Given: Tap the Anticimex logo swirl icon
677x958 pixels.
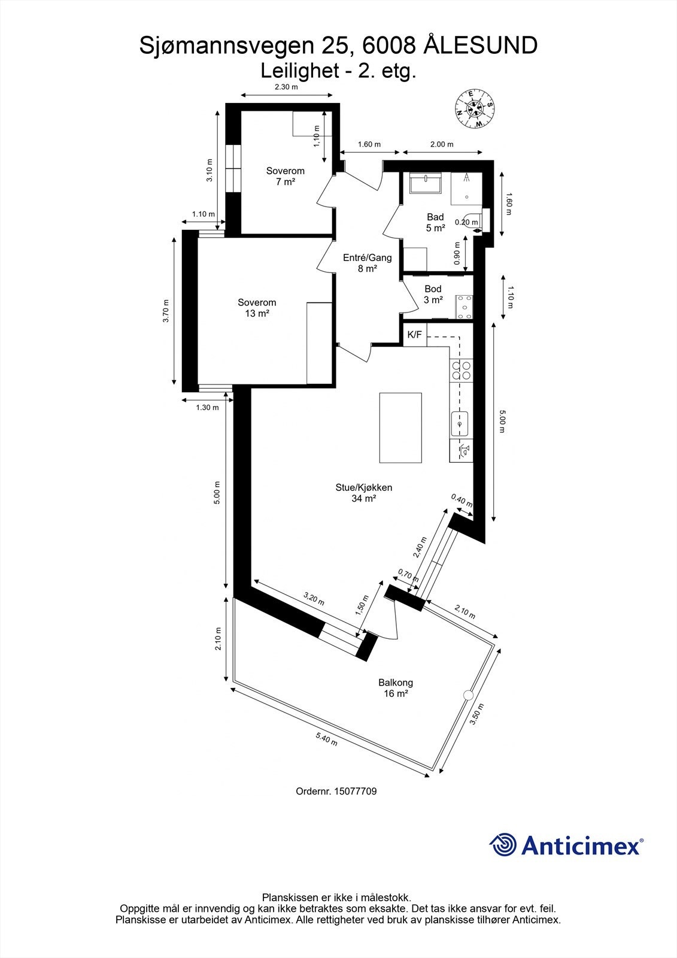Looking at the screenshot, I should (x=503, y=845).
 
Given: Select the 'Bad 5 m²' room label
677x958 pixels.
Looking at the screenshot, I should (x=435, y=222).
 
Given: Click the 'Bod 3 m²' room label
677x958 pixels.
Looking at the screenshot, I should (x=433, y=295).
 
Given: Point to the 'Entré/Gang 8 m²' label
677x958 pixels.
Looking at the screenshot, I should (x=367, y=263).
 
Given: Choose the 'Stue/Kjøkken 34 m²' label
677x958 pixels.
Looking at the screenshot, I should (x=363, y=493).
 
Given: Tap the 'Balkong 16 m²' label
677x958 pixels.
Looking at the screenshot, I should (x=395, y=688).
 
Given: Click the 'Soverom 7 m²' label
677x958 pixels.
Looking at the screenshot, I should (x=286, y=176).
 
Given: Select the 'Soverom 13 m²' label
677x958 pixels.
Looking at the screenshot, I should (x=257, y=308).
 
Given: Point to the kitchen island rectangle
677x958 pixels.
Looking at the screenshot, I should (x=400, y=428).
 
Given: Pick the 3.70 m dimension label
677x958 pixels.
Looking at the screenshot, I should (x=166, y=311).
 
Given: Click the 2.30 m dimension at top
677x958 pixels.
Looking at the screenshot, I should (x=286, y=87).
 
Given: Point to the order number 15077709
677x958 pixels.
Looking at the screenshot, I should (x=336, y=792).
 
